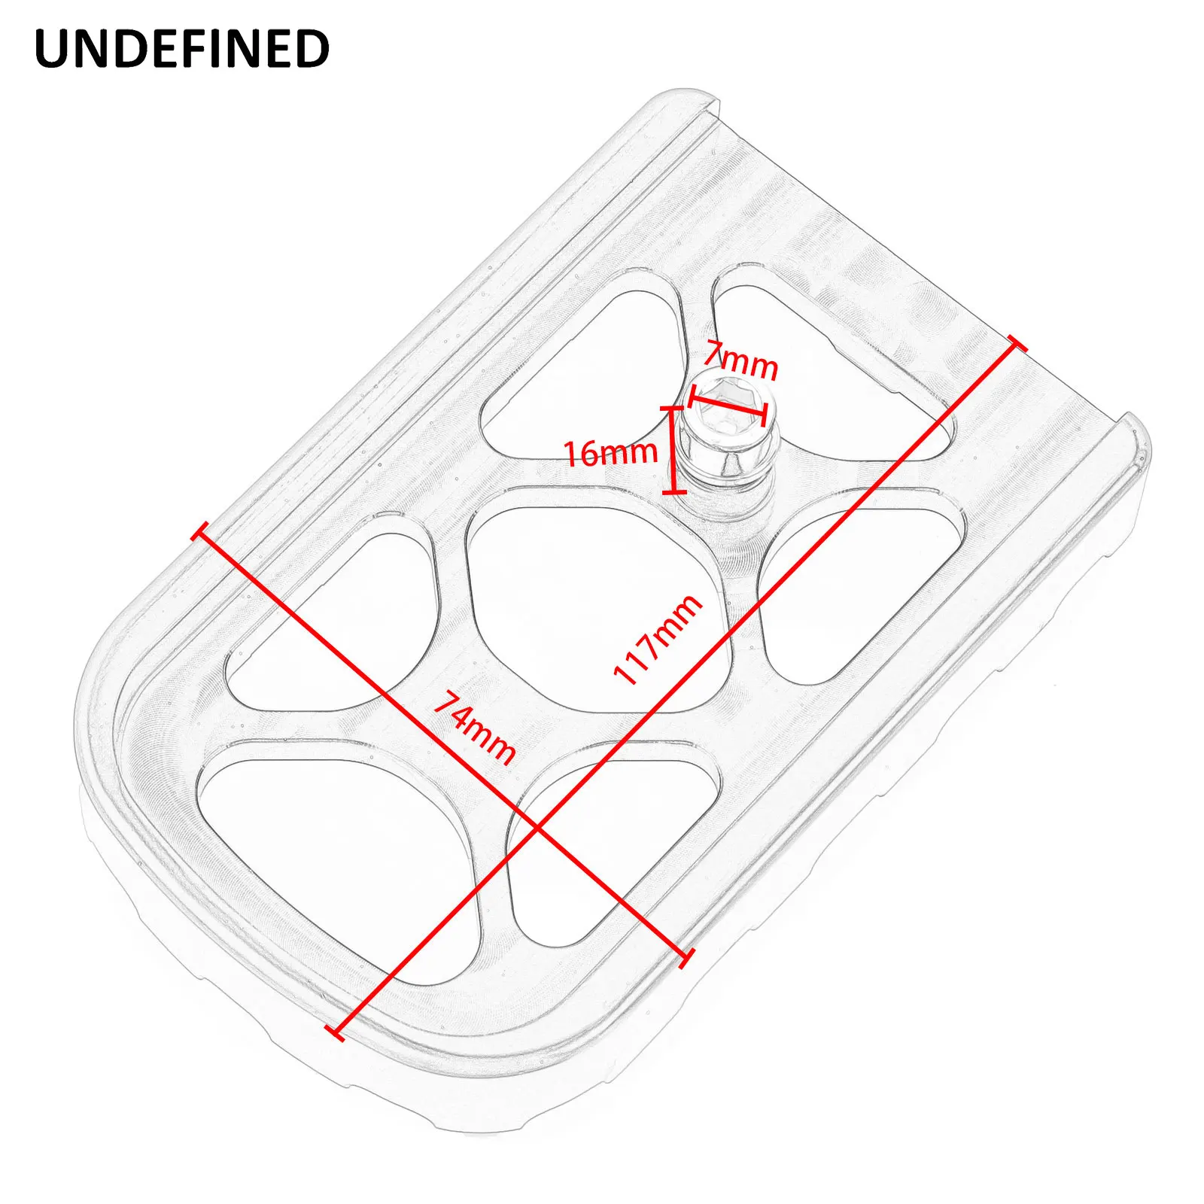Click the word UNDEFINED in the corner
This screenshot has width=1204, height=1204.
[x=182, y=50]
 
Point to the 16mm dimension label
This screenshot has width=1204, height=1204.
[x=610, y=453]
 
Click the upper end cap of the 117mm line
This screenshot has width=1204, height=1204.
[x=1016, y=345]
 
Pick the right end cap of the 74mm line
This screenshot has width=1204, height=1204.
[x=685, y=957]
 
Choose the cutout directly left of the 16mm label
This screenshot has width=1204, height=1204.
[x=579, y=376]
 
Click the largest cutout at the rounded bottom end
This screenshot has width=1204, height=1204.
[x=331, y=850]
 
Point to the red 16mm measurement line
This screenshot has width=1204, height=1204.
[x=670, y=450]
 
